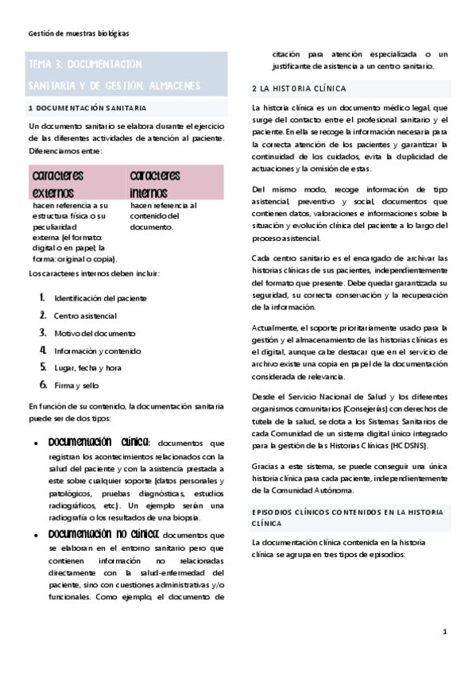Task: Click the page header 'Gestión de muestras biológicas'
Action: point(78,33)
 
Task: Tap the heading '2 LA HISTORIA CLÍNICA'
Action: point(298,88)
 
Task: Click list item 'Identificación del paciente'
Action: point(100,298)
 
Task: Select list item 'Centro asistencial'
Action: point(85,316)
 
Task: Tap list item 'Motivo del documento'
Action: point(95,333)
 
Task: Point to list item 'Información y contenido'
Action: point(98,351)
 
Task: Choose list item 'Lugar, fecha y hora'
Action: point(87,368)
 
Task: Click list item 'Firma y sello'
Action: point(76,385)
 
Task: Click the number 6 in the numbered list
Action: point(43,385)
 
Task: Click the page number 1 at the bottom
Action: point(445,631)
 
